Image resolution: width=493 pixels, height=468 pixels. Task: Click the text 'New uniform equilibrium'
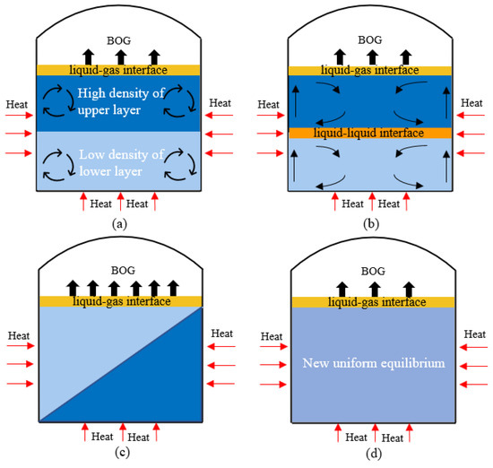[374, 365]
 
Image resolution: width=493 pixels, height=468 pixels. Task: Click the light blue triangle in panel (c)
[85, 341]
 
